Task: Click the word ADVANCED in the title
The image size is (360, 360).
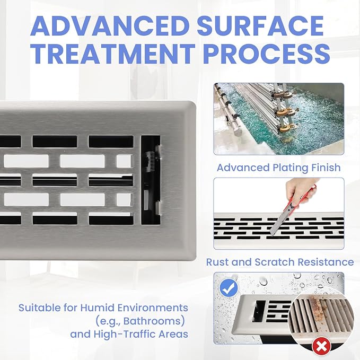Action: tap(110, 25)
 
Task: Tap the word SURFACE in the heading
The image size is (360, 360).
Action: tap(260, 25)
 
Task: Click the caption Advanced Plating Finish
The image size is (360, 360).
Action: tap(279, 168)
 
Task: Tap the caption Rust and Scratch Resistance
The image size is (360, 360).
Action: tap(280, 262)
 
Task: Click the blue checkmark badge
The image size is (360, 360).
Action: tap(229, 288)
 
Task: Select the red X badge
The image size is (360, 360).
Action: tap(321, 346)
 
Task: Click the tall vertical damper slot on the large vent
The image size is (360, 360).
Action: tap(151, 180)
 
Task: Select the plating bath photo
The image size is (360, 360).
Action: tap(279, 119)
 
